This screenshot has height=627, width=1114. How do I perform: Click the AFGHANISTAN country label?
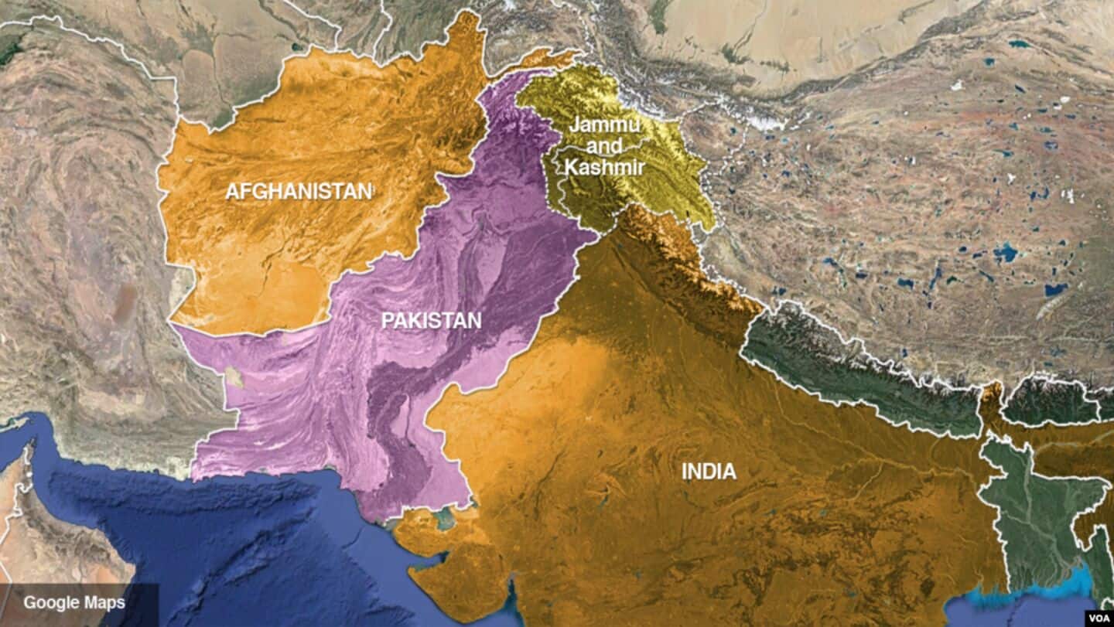tap(299, 192)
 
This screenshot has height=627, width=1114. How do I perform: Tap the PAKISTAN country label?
tap(431, 320)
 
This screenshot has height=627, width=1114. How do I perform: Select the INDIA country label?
tap(709, 471)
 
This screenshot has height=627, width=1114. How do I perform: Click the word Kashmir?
tap(604, 165)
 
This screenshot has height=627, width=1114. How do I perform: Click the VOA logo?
tap(1098, 618)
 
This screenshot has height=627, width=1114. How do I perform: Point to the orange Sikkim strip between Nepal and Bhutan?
tap(992, 398)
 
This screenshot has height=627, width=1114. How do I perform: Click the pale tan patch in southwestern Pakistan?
tap(232, 378)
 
